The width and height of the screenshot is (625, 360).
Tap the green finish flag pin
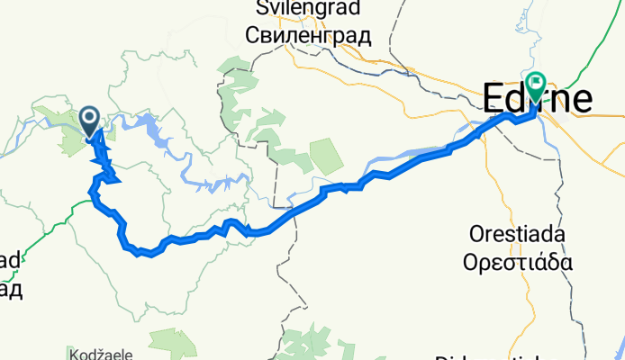click(537, 85)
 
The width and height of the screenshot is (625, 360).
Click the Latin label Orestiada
click(517, 234)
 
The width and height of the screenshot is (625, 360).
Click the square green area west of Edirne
click(326, 157)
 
